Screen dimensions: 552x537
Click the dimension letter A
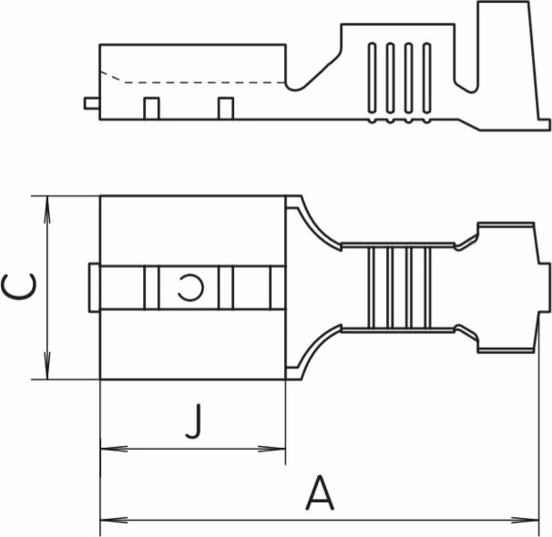click(320, 492)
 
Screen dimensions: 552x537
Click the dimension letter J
click(194, 420)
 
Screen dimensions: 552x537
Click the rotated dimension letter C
click(18, 287)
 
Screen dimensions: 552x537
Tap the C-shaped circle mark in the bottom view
click(190, 288)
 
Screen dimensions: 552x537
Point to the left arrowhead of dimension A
click(114, 520)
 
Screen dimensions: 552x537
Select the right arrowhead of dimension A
click(526, 520)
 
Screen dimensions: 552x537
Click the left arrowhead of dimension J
click(114, 449)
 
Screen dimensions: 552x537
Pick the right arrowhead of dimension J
click(271, 449)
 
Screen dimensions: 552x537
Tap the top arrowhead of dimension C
click(46, 209)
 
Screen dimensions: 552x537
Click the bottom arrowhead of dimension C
click(46, 366)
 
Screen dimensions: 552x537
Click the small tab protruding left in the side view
click(92, 104)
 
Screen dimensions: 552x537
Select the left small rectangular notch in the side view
click(151, 108)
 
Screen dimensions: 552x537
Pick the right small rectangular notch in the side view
click(226, 108)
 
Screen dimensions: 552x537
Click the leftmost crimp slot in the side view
click(372, 77)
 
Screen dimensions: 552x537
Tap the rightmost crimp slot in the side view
click(426, 77)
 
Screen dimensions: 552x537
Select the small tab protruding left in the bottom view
click(94, 288)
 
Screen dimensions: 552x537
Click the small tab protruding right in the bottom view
click(544, 288)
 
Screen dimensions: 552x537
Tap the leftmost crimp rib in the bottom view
click(371, 288)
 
